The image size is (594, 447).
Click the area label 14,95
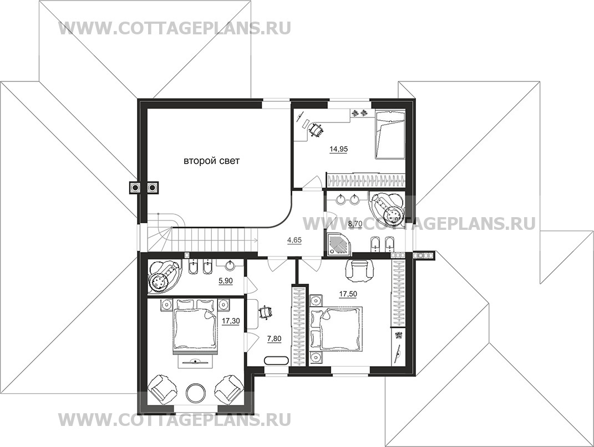tap(339, 149)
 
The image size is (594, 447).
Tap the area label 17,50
tap(348, 294)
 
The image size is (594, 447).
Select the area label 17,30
tap(231, 321)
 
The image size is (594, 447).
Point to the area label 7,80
tap(275, 339)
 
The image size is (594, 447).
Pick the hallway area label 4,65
tap(295, 240)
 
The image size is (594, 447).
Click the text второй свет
tap(212, 161)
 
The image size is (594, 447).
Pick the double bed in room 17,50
tap(337, 328)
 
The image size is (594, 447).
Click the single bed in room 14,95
tap(390, 135)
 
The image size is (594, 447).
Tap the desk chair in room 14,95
tap(316, 131)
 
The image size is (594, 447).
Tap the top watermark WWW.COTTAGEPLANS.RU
tap(174, 28)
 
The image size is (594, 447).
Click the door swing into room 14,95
tap(312, 182)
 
